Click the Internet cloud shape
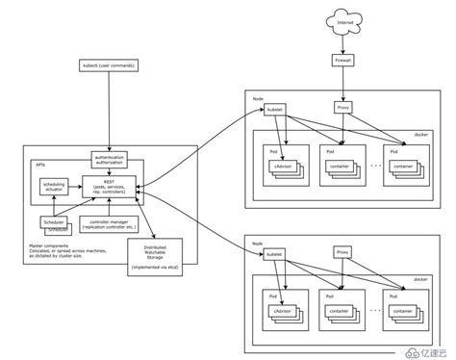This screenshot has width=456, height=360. (342, 20)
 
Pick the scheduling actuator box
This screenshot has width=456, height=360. (55, 188)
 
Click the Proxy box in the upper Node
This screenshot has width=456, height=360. (342, 108)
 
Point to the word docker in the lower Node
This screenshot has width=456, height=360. (420, 279)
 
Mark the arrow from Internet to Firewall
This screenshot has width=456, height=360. (342, 43)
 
